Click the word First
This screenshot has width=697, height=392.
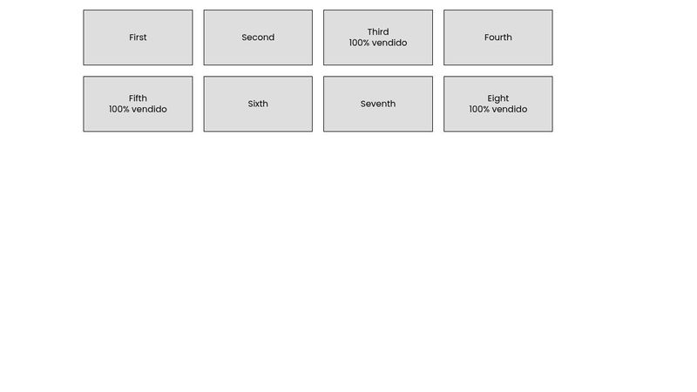tap(138, 37)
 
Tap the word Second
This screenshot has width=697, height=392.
tap(258, 37)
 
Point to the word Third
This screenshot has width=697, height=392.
tap(378, 32)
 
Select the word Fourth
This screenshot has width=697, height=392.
tap(497, 37)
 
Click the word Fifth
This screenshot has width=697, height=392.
tap(138, 98)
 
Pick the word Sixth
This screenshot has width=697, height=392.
tap(258, 104)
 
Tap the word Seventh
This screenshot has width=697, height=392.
tap(378, 104)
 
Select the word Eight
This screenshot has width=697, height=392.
tap(497, 98)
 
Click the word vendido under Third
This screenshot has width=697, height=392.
tap(389, 43)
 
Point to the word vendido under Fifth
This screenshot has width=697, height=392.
tap(149, 109)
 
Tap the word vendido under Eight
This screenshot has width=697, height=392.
tap(510, 109)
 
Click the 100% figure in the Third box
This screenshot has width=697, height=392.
tap(359, 43)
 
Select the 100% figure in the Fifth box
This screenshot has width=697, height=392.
tap(119, 109)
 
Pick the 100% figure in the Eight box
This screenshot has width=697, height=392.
tap(479, 109)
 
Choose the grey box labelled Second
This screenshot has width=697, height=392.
tap(258, 37)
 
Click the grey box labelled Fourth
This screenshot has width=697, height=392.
tap(497, 37)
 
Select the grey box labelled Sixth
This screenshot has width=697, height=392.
tap(258, 104)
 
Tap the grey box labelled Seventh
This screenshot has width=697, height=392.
tap(378, 104)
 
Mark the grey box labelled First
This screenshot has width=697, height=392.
tap(138, 37)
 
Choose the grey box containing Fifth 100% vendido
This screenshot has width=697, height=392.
tap(138, 104)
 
